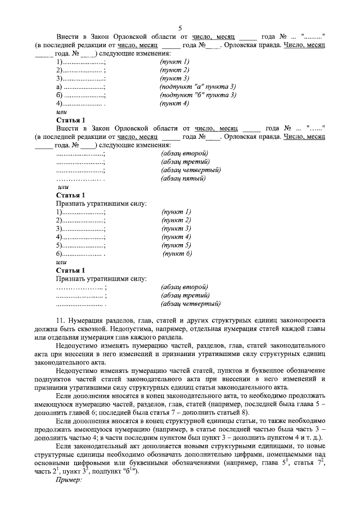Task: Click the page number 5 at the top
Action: [180, 28]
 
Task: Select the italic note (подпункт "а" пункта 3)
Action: [197, 87]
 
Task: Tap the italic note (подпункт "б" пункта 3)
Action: [197, 95]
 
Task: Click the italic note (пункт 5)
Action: [177, 245]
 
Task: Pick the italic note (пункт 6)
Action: [177, 254]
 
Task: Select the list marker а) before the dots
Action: [59, 87]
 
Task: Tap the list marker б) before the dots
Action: [59, 95]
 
